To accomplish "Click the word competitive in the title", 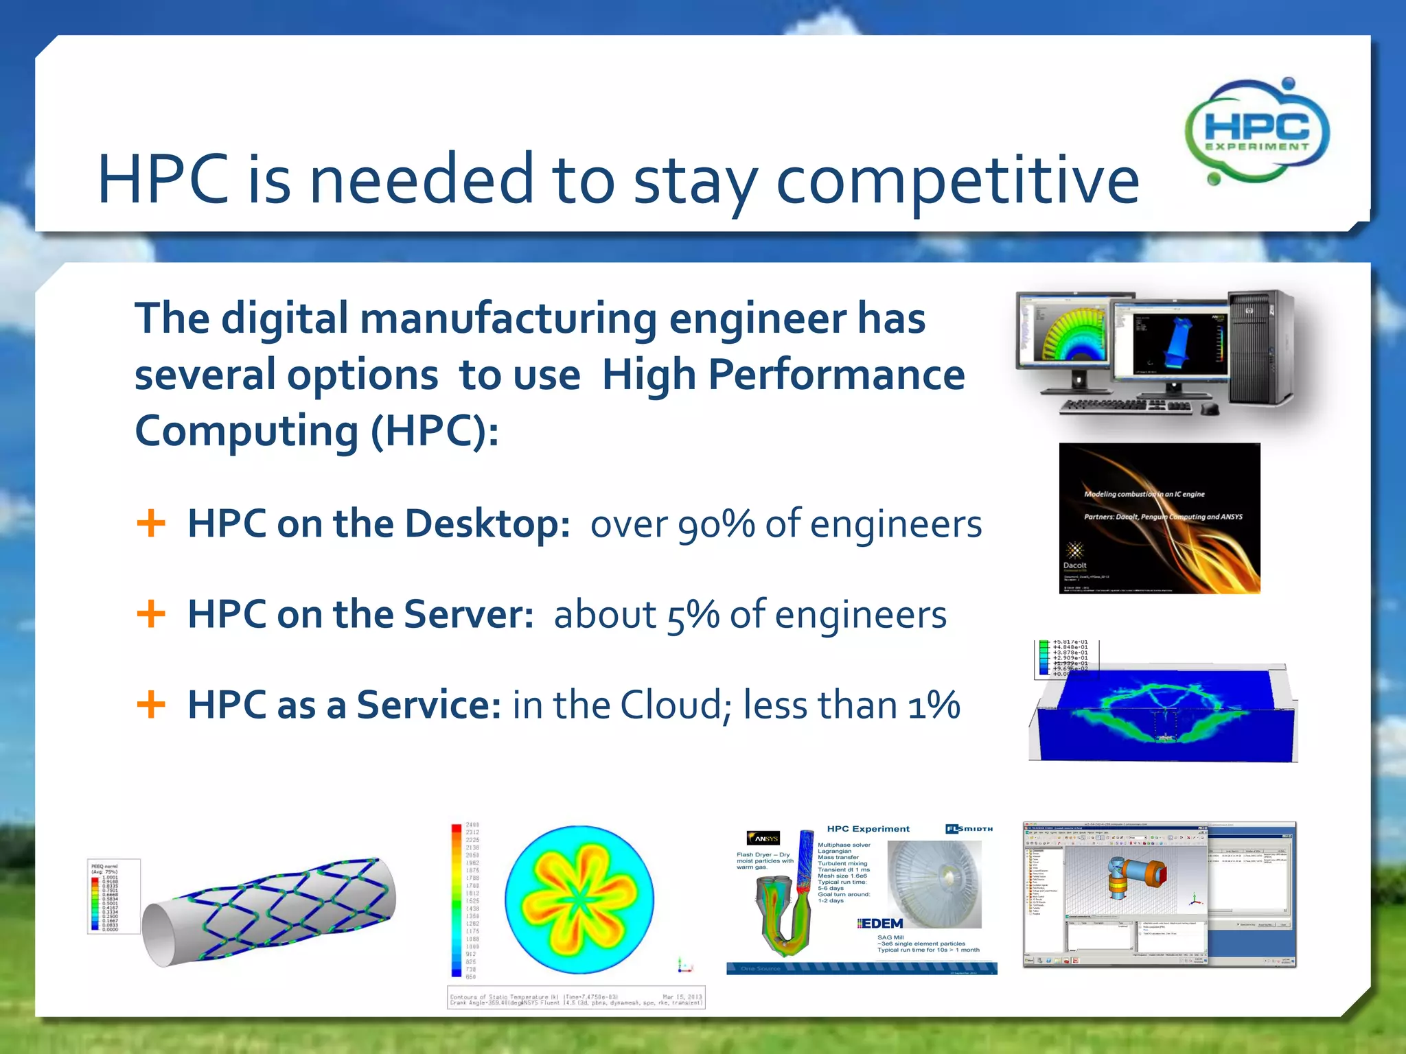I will click(x=957, y=180).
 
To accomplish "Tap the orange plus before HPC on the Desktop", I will click(x=151, y=524).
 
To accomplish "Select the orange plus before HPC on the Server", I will click(x=151, y=613).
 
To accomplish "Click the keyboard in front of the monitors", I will click(x=1126, y=407).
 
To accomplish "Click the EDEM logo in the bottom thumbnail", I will click(x=881, y=924).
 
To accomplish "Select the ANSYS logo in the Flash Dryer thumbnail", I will click(x=764, y=838).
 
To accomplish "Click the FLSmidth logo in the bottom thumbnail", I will click(x=969, y=829).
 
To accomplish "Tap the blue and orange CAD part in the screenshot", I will click(x=1133, y=876).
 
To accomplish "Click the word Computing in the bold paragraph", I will click(x=246, y=431).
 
